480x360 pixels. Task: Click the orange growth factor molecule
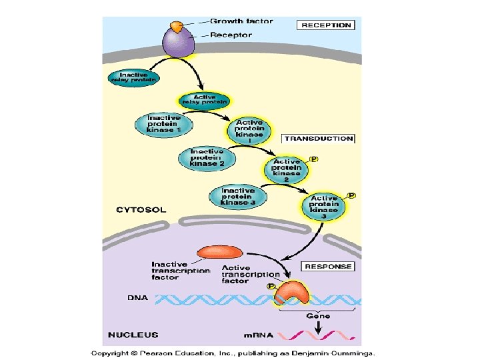pos(176,27)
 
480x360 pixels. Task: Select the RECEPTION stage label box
pos(325,25)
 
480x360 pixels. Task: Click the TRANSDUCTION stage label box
pos(319,139)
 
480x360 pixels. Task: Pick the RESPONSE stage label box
pos(328,266)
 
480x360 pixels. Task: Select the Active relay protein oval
pos(203,101)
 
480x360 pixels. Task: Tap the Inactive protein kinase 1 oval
pos(163,124)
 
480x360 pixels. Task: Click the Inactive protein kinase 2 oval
pos(207,157)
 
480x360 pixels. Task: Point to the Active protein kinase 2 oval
pos(287,170)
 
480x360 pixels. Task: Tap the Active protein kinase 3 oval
pos(324,206)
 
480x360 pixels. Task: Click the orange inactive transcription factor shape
pos(220,253)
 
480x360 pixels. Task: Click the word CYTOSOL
pos(141,210)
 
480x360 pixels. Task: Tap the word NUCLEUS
pos(133,334)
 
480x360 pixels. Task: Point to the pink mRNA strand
pos(320,335)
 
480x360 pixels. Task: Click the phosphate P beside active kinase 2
pos(313,160)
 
